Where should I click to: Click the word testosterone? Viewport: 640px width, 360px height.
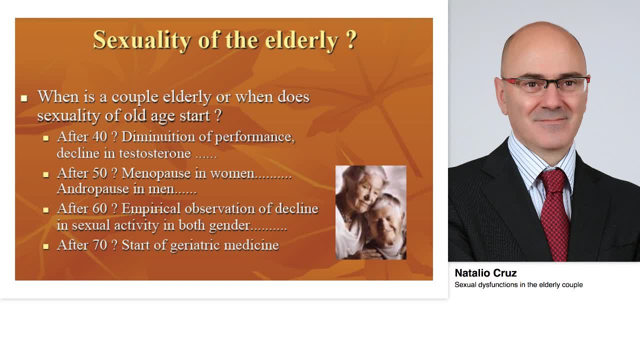click(155, 153)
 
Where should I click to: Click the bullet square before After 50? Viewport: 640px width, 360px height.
click(46, 174)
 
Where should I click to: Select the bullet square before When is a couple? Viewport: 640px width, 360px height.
click(24, 98)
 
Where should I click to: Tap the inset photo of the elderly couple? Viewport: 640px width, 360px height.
click(370, 212)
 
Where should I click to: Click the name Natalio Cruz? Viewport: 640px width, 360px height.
click(485, 273)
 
